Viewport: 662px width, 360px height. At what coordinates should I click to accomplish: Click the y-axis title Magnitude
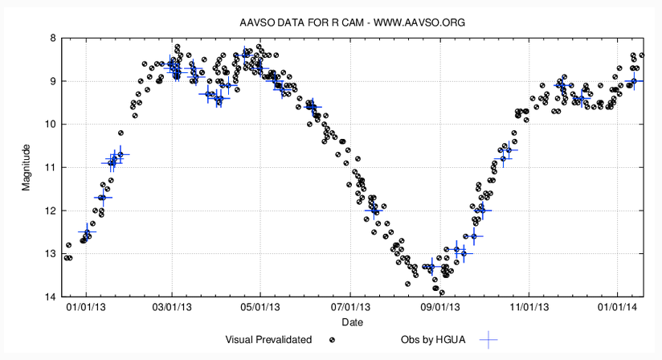27,167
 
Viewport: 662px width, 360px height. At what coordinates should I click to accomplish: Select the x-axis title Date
352,322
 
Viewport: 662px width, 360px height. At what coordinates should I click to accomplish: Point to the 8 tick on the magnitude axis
52,38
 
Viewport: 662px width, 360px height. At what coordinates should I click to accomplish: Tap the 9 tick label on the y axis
52,81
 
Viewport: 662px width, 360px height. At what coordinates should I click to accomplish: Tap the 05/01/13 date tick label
263,308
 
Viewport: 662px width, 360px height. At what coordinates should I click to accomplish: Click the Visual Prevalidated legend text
268,340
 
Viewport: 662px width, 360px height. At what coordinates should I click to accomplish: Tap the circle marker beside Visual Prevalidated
332,340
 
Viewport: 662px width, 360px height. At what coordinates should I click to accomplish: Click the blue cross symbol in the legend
488,340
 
